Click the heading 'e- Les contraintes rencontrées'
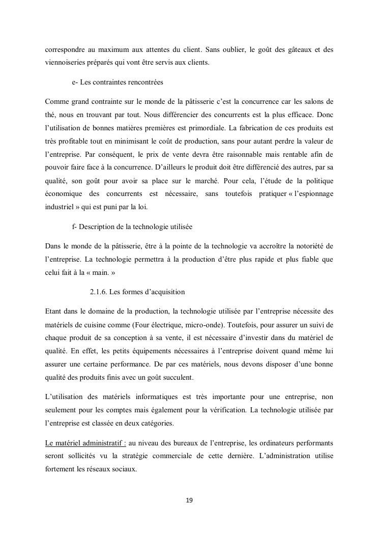(118, 81)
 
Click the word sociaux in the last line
(124, 469)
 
